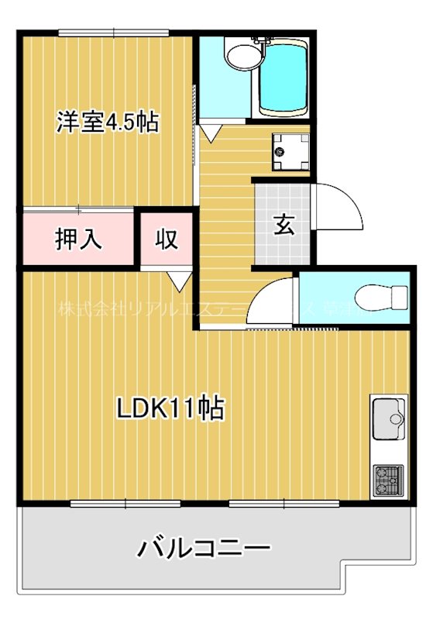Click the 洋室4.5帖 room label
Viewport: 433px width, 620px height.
(107, 122)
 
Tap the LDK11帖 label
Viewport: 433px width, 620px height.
(170, 408)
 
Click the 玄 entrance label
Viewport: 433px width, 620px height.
(284, 225)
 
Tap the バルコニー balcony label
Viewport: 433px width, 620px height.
(204, 549)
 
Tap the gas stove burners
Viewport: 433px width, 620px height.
(387, 480)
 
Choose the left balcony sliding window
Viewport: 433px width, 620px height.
(125, 504)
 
